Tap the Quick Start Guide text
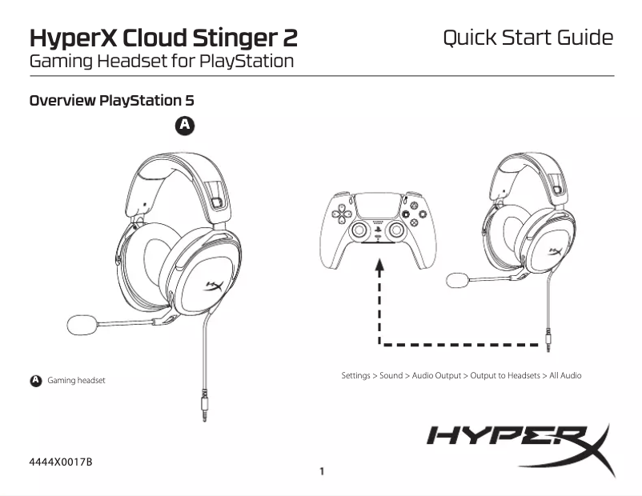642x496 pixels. [528, 38]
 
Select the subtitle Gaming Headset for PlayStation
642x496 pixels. [161, 61]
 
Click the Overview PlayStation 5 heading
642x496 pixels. [112, 101]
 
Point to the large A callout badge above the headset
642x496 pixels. [185, 125]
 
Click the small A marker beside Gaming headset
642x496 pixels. [35, 380]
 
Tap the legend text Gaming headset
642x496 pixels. [76, 380]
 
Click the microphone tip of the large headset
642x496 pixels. [81, 324]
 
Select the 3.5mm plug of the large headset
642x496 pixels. [203, 413]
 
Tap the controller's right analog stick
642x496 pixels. [395, 230]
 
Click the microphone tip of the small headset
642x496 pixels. [456, 280]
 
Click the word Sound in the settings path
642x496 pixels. [391, 375]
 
